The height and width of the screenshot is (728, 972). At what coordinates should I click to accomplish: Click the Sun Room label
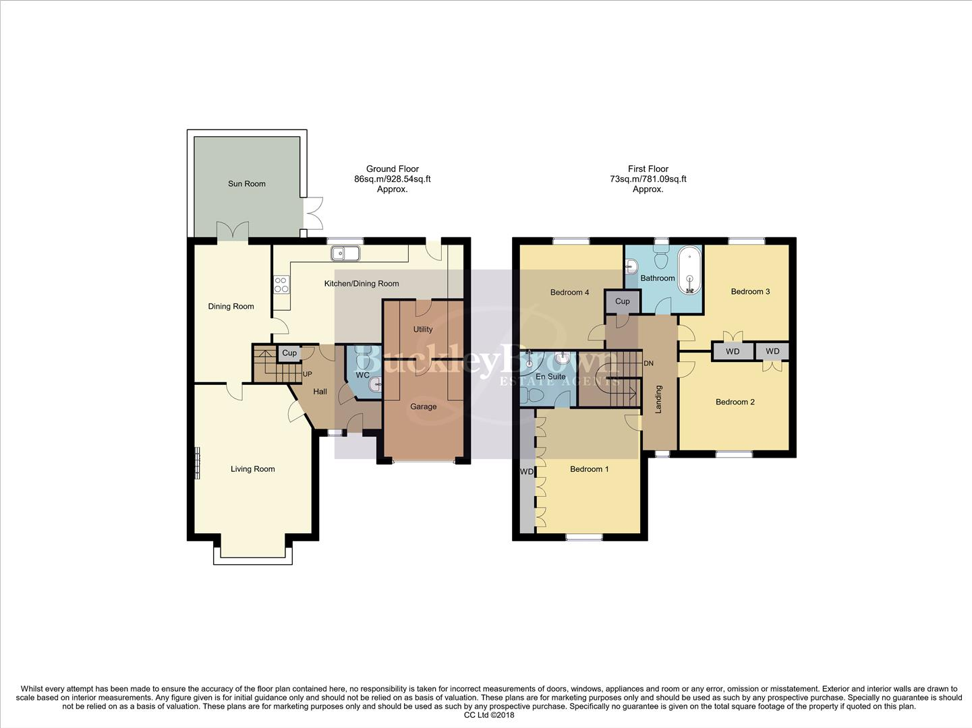[x=246, y=183]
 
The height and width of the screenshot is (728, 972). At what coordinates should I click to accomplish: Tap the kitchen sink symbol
[x=345, y=253]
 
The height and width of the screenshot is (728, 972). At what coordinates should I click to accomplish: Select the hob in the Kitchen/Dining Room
[x=281, y=284]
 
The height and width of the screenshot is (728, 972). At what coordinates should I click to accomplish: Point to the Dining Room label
[x=231, y=306]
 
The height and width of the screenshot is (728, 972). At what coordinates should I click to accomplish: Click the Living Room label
[x=252, y=469]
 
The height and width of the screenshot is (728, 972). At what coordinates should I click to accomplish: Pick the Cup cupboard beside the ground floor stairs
[x=289, y=353]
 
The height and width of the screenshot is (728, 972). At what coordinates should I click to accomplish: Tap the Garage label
[x=423, y=406]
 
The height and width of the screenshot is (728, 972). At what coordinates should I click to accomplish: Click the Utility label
[x=423, y=329]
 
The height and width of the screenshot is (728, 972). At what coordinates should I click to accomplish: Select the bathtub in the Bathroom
[x=689, y=271]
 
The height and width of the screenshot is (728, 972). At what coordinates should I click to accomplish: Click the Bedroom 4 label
[x=569, y=292]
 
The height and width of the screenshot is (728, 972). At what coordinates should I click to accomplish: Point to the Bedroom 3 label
[x=750, y=291]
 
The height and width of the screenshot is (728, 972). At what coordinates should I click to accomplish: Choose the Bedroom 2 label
[x=735, y=402]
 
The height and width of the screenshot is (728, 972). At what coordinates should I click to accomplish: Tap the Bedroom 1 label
[x=589, y=468]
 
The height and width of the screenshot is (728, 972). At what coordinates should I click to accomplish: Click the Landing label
[x=659, y=399]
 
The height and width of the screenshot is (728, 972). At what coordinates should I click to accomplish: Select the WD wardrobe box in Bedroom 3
[x=733, y=351]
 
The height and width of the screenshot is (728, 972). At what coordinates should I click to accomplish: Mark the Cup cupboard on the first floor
[x=622, y=301]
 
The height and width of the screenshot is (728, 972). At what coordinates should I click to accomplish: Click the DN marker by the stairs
[x=648, y=363]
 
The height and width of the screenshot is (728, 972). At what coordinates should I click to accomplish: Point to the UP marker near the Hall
[x=307, y=374]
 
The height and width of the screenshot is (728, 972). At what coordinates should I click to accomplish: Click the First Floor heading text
[x=648, y=169]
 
